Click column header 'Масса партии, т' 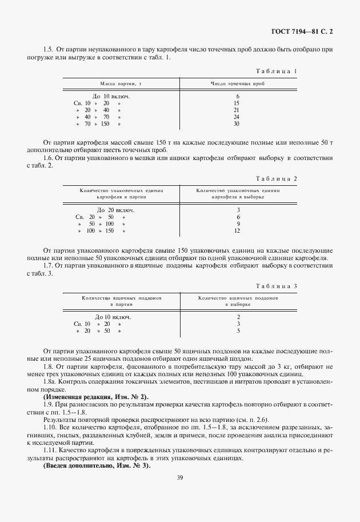[121, 83]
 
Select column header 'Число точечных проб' [238, 83]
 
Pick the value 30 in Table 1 [237, 123]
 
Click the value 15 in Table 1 [237, 103]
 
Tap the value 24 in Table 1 [237, 117]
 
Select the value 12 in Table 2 [237, 230]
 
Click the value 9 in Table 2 [237, 224]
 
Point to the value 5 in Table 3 [237, 330]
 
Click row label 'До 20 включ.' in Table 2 [115, 210]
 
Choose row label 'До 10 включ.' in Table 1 [111, 96]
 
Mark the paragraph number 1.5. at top [50, 50]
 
